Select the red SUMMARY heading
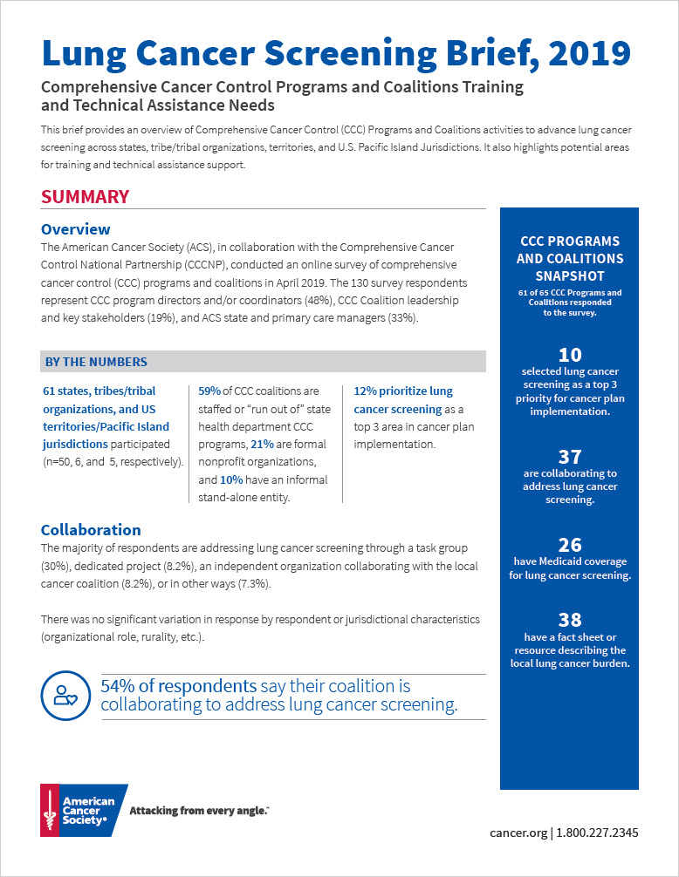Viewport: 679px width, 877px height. (86, 197)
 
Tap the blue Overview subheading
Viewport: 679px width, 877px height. (76, 229)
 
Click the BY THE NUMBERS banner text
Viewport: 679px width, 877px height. (95, 362)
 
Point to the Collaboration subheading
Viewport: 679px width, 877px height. (91, 529)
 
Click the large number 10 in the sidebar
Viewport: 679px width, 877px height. (569, 354)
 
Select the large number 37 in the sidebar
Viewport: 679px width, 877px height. (569, 456)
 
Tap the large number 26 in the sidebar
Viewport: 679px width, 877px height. (569, 546)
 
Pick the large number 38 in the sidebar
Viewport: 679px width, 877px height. (569, 620)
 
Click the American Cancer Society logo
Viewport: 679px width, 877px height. (83, 810)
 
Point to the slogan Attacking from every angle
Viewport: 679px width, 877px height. (198, 811)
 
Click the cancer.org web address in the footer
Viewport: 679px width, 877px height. (518, 833)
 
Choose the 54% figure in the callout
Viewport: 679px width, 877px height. (120, 685)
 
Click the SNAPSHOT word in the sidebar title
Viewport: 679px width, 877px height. (569, 275)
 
